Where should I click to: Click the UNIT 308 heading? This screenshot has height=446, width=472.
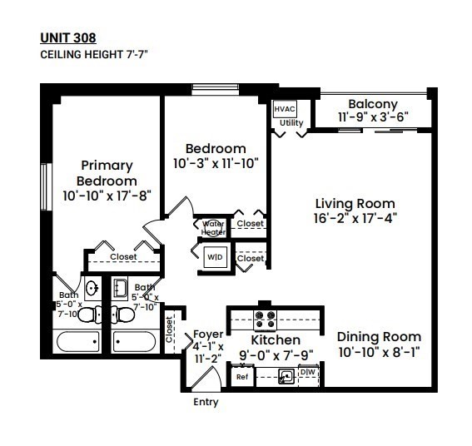click(67, 37)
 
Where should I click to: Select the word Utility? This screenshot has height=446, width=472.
click(291, 123)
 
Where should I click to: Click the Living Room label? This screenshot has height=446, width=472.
click(355, 203)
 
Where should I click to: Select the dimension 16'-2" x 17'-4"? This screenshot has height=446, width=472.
click(355, 218)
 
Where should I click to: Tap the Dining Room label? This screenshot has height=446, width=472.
click(379, 337)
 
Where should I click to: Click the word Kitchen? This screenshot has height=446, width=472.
click(276, 340)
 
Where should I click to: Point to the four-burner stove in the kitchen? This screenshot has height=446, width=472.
click(265, 316)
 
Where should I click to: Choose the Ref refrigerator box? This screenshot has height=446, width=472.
click(242, 377)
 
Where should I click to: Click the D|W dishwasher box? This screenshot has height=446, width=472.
click(307, 371)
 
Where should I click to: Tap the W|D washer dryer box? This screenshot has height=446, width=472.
click(214, 258)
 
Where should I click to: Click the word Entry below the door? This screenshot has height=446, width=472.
click(206, 403)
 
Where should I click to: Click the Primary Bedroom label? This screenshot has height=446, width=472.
click(107, 173)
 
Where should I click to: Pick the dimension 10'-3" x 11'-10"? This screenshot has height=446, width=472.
click(216, 164)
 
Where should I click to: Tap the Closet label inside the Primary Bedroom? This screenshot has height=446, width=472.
click(123, 257)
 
